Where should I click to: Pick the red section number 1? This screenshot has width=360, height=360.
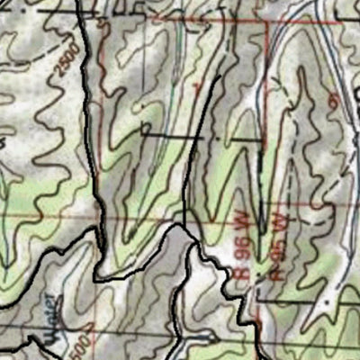click(197, 86)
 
